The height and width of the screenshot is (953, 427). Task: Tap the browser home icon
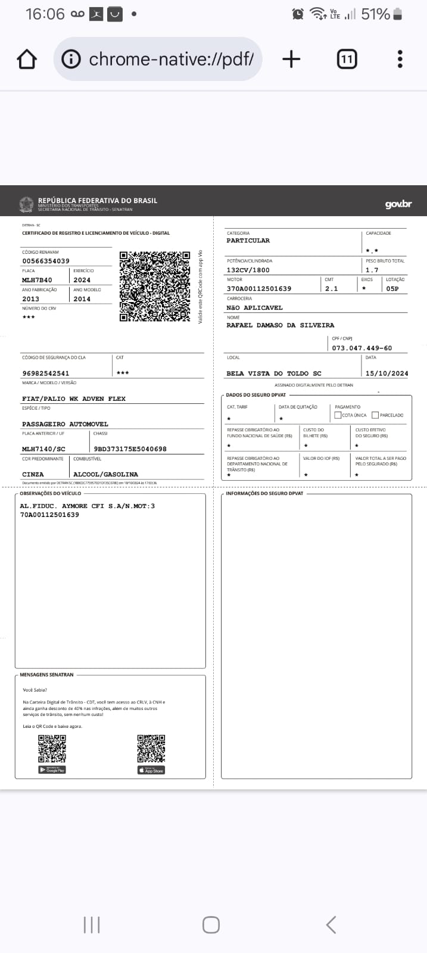[x=27, y=59]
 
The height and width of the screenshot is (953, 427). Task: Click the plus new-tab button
[x=291, y=59]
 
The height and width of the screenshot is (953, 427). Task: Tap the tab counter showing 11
[x=347, y=59]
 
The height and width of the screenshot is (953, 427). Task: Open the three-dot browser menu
[x=400, y=59]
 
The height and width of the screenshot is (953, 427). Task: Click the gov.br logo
[x=398, y=204]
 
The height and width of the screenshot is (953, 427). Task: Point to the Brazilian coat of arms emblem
[x=26, y=204]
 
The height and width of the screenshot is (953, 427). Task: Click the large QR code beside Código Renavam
[x=155, y=286]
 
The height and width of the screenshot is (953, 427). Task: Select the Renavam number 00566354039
[x=46, y=261]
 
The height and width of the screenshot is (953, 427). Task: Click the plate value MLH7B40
[x=37, y=280]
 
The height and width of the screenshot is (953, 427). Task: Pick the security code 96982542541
[x=46, y=373]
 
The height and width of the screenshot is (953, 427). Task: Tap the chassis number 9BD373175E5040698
[x=130, y=449]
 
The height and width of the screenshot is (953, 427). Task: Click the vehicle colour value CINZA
[x=33, y=475]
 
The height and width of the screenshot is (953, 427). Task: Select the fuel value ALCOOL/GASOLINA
[x=105, y=475]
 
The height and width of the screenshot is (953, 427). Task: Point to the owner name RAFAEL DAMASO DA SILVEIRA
[x=280, y=325]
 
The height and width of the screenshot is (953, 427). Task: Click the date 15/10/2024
[x=387, y=373]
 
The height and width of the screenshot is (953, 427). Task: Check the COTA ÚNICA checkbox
[x=338, y=415]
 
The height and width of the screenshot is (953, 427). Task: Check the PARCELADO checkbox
[x=375, y=415]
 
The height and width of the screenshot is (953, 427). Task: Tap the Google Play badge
[x=52, y=770]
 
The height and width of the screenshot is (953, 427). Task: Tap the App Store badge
[x=151, y=770]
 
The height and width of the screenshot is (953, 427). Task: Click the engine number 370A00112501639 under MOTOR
[x=258, y=289]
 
